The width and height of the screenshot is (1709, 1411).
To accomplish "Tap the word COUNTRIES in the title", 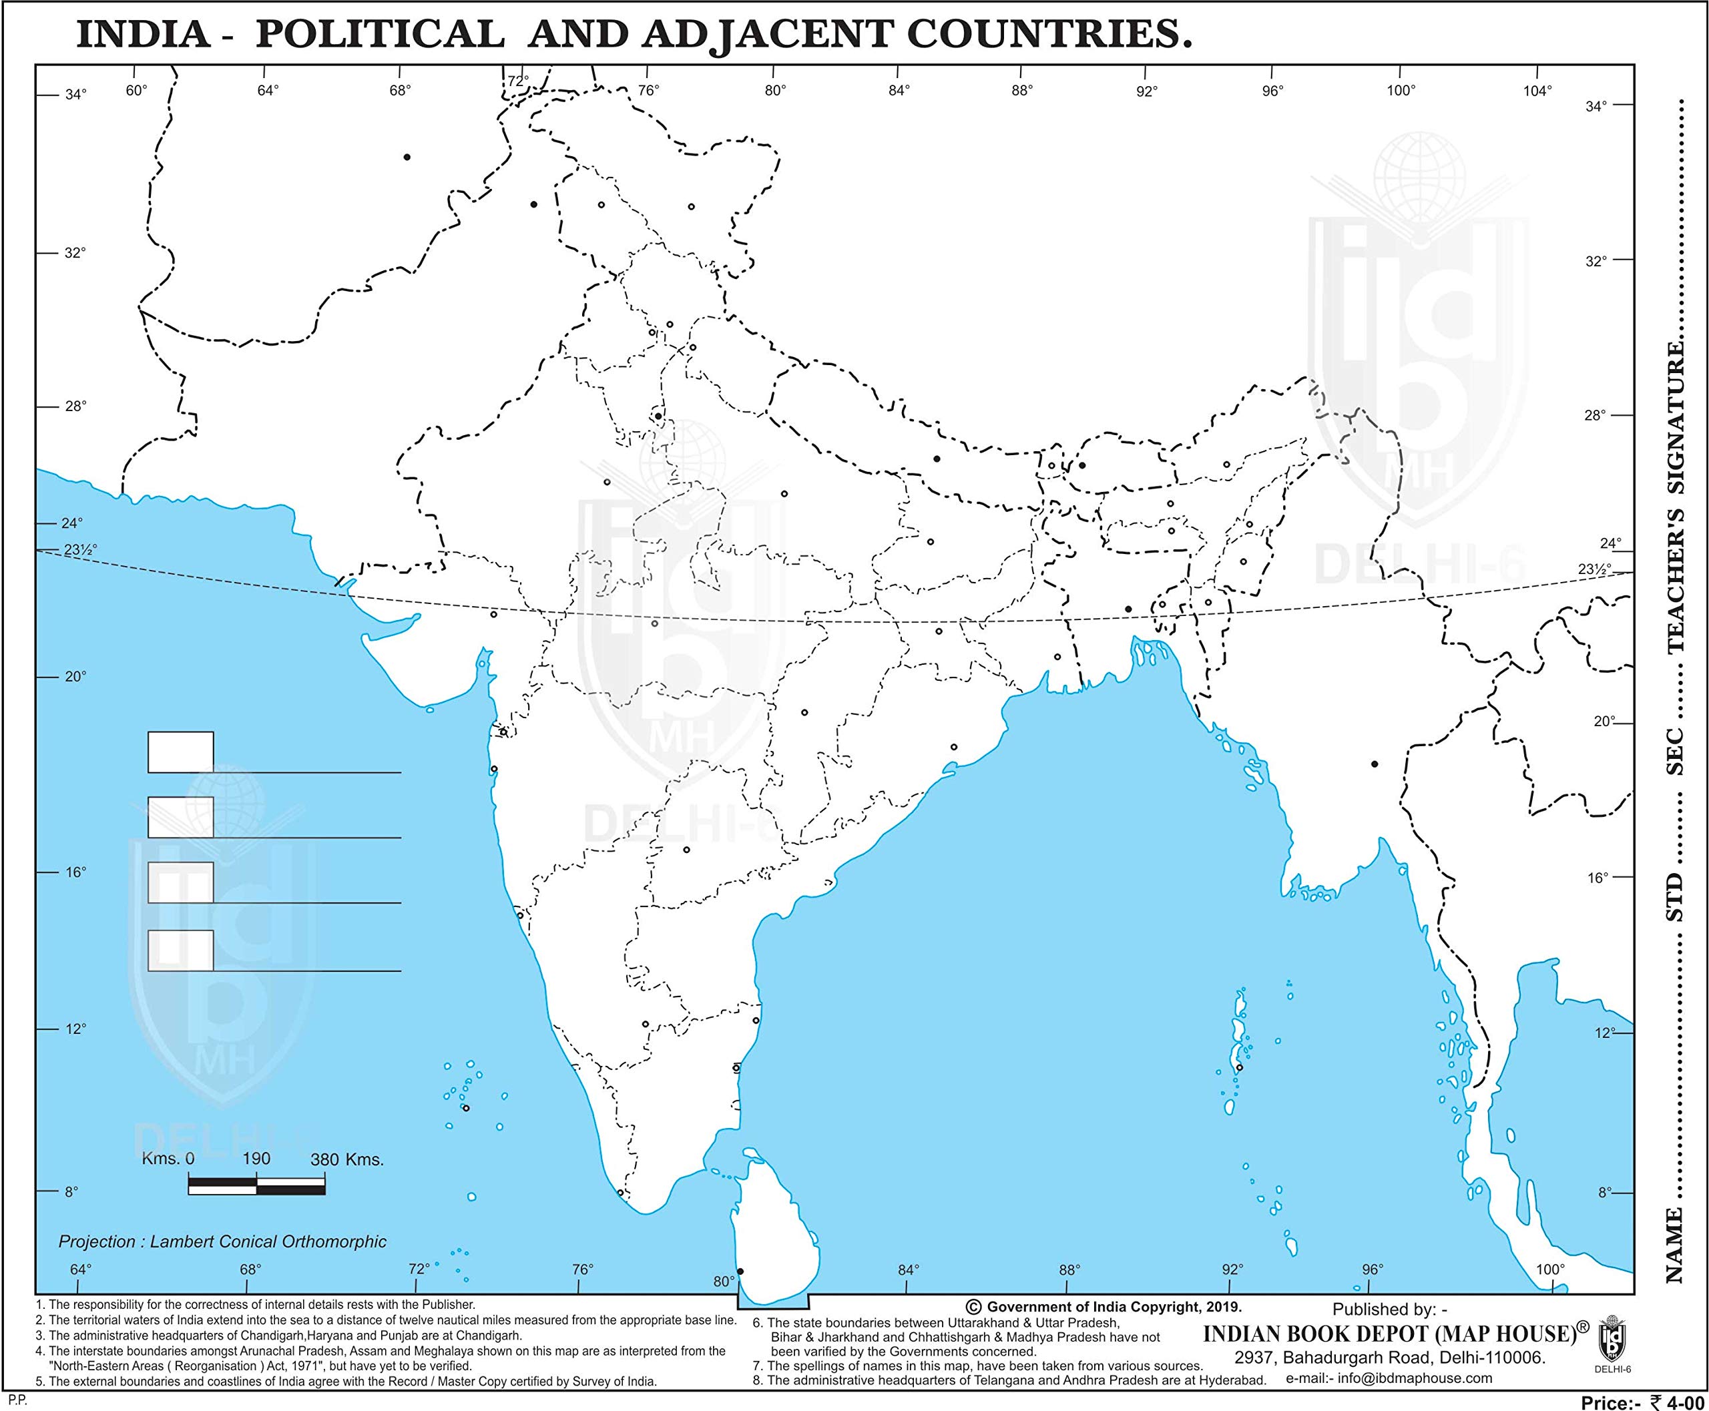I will click(1049, 35).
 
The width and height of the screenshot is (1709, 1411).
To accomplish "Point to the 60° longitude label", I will click(137, 89).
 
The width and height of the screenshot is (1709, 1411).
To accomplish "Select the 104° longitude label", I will click(1537, 91).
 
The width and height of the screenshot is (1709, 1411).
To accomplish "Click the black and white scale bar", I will click(256, 1187).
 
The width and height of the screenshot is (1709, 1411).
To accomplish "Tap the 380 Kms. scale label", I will click(346, 1160).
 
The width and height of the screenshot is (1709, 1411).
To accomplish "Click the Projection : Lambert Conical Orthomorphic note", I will click(222, 1242).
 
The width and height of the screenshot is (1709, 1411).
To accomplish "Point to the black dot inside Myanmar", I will click(1374, 764).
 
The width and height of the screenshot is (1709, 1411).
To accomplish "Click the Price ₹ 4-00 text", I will click(1642, 1402).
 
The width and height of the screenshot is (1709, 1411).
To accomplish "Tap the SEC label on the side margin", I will click(1676, 751).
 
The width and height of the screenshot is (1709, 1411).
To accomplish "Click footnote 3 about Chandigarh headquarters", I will click(279, 1336).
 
